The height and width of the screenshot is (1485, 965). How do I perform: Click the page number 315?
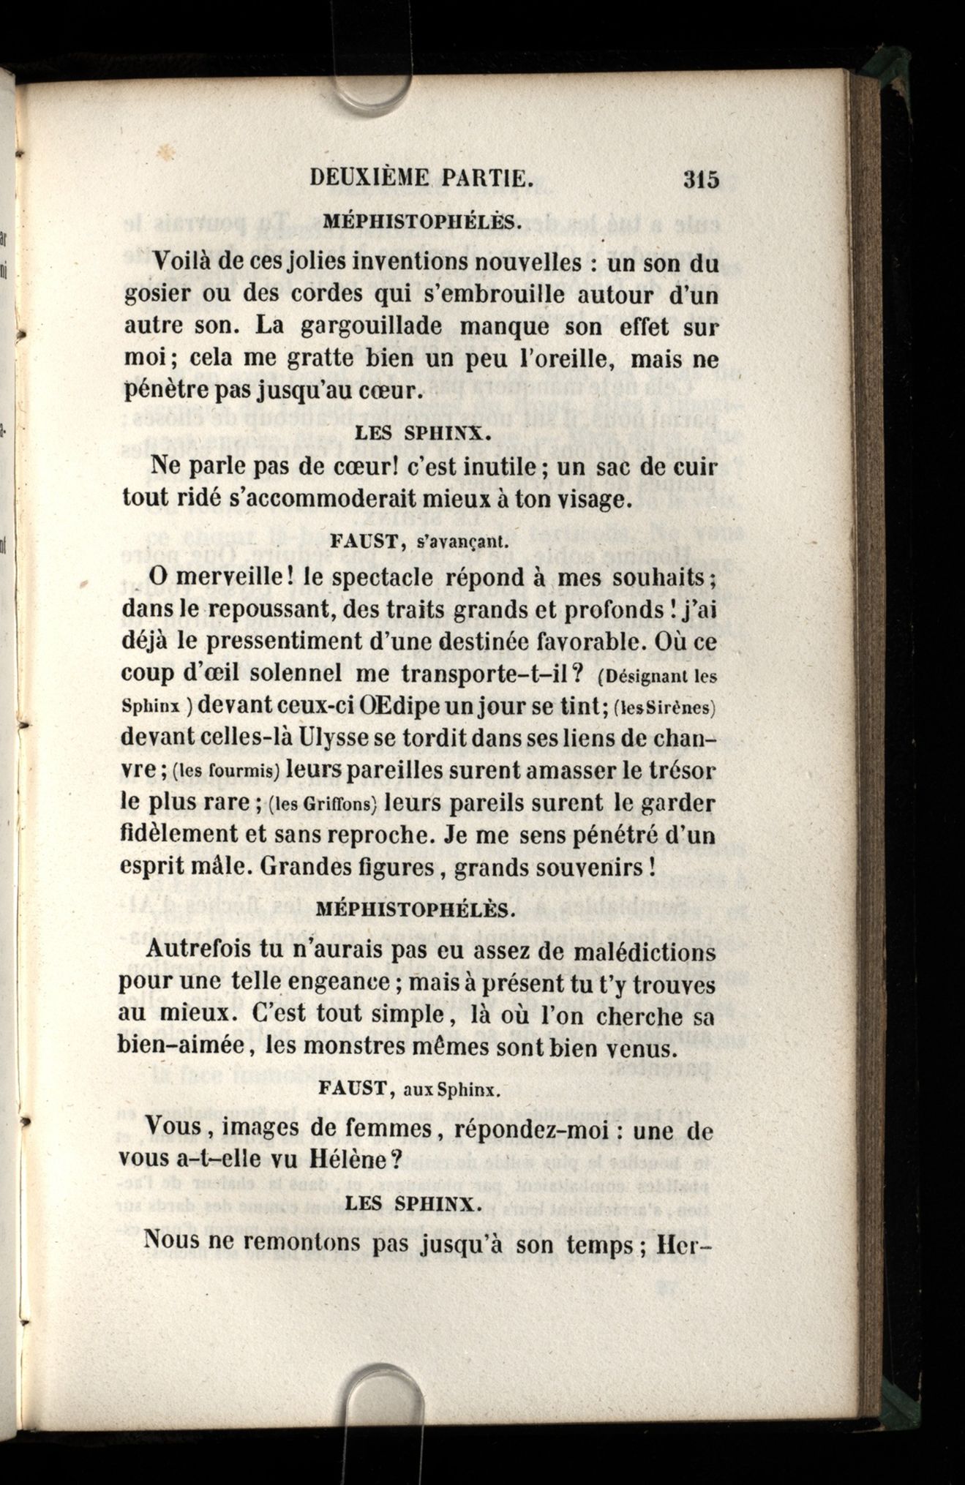(701, 178)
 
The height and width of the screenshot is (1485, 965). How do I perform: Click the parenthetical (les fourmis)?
(228, 771)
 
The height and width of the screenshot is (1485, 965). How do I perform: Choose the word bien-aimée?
(181, 1046)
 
